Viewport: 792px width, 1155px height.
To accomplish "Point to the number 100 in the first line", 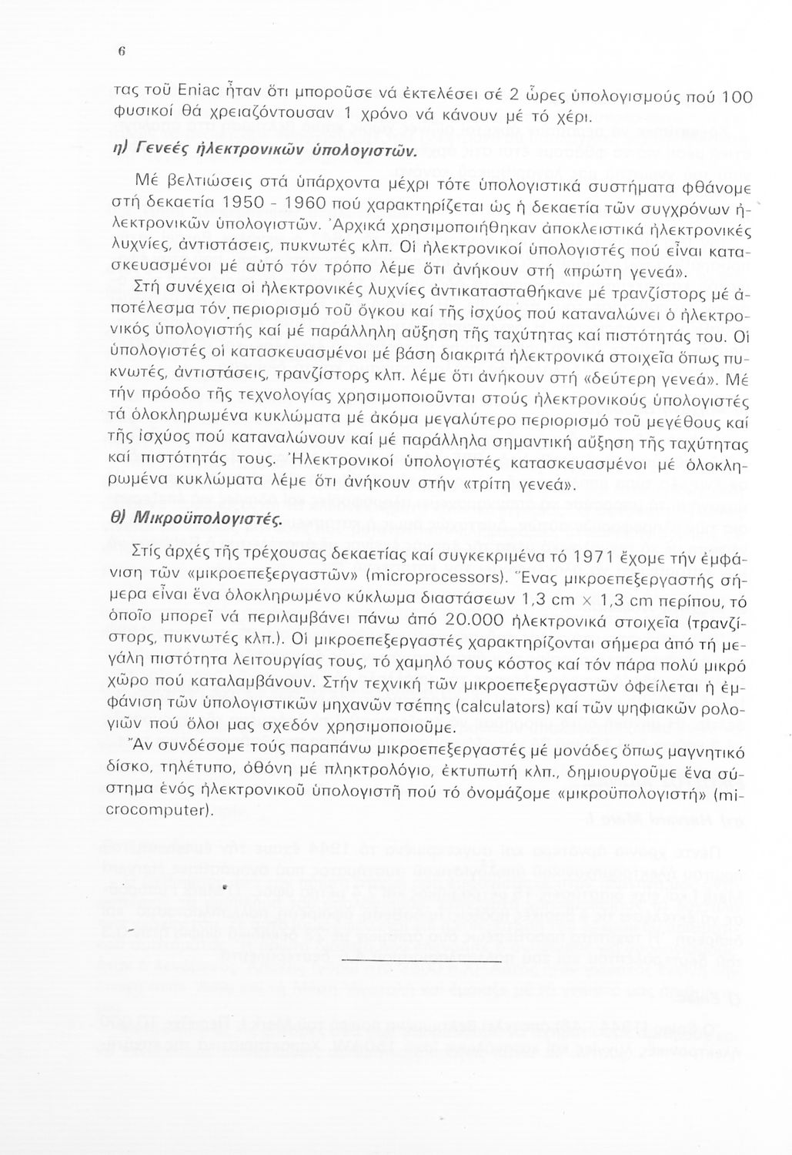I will point(737,97).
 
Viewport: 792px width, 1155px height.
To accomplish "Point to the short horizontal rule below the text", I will point(421,960).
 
